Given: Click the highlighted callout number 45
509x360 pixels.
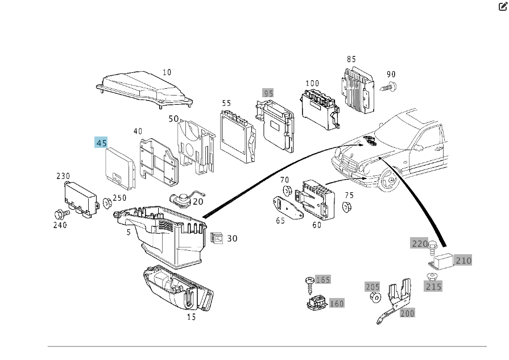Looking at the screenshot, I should pyautogui.click(x=101, y=143).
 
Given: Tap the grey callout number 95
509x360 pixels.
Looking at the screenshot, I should pyautogui.click(x=268, y=93).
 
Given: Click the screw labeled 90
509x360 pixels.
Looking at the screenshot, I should pyautogui.click(x=391, y=87).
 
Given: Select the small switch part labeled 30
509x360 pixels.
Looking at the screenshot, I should pyautogui.click(x=216, y=239).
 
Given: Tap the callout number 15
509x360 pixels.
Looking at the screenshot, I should pyautogui.click(x=191, y=317).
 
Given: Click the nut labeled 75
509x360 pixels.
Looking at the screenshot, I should pyautogui.click(x=347, y=206).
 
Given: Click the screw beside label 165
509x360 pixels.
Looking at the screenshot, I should pyautogui.click(x=309, y=281).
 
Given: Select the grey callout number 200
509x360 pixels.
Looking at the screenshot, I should pyautogui.click(x=407, y=312).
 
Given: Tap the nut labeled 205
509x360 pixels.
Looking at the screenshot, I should pyautogui.click(x=375, y=297).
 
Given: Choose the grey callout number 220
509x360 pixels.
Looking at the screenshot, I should pyautogui.click(x=419, y=243).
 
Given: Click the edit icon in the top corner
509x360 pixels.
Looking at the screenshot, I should pyautogui.click(x=503, y=7).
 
